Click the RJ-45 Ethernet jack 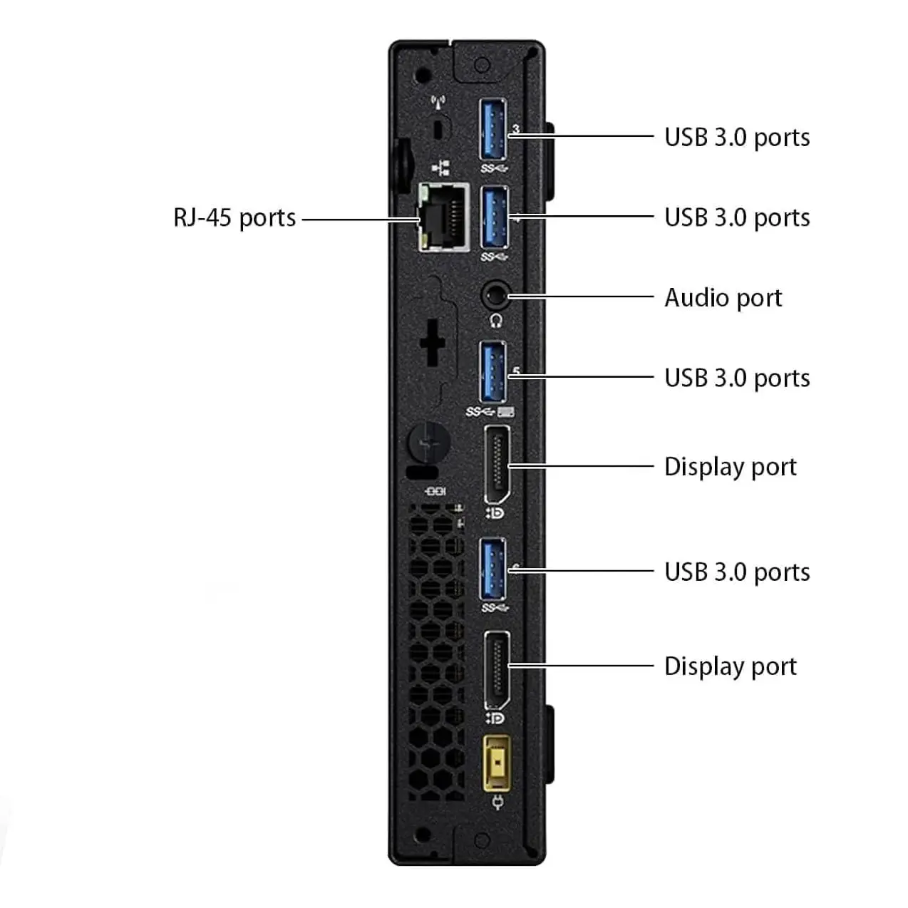tap(443, 217)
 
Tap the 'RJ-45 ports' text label tap(234, 217)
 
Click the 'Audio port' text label tap(723, 298)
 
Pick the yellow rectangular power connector tap(497, 763)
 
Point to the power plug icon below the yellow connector tap(497, 805)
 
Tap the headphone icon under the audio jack tap(496, 321)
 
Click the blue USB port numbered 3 tap(493, 130)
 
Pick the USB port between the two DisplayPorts tap(493, 569)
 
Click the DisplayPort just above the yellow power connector tap(497, 670)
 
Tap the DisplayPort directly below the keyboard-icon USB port tap(497, 465)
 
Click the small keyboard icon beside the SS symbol tap(506, 412)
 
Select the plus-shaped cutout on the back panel tap(433, 344)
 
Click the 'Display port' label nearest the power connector tap(730, 666)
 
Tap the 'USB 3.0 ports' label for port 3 tap(737, 137)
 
